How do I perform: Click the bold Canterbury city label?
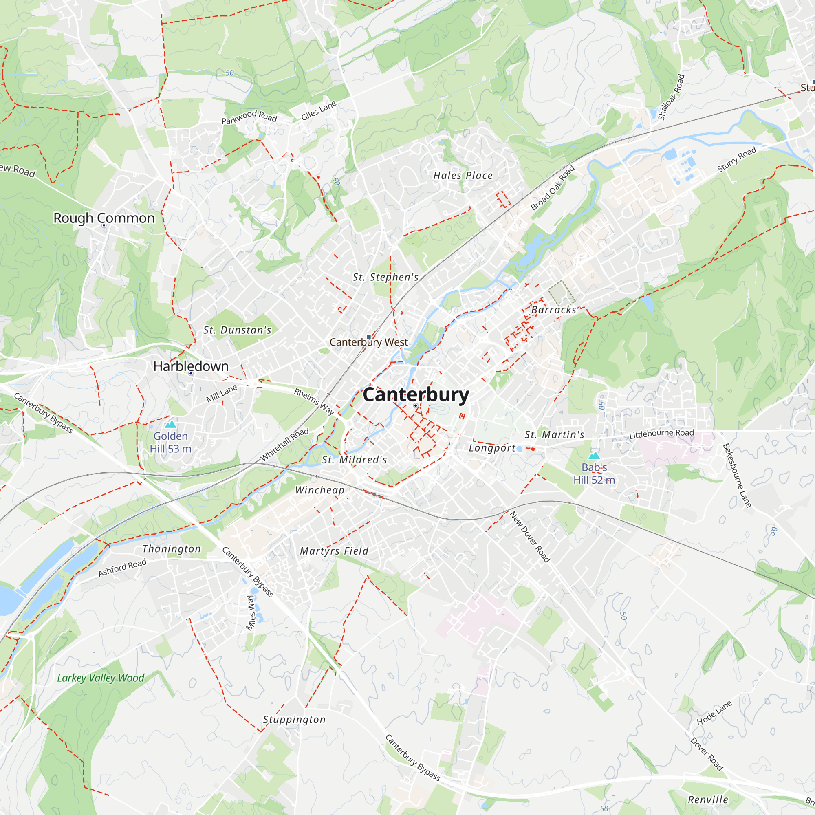pos(416,395)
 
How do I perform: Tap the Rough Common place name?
pos(104,218)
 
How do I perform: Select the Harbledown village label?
pos(191,366)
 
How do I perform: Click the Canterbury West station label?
pos(368,342)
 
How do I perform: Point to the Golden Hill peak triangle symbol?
pos(170,424)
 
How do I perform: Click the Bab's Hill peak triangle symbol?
pos(594,455)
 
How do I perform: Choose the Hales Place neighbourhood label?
pos(463,176)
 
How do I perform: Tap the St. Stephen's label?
pos(385,277)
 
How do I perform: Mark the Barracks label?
pos(553,310)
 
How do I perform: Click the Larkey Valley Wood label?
pos(100,678)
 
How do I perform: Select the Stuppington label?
pos(294,719)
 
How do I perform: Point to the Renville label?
pos(708,800)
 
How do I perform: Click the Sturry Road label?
pos(736,160)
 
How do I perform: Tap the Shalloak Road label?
pos(671,97)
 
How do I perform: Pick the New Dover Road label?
pos(530,537)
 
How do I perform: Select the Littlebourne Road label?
pos(661,434)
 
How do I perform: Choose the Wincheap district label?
pos(319,490)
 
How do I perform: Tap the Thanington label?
pos(171,549)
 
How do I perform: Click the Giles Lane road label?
pos(319,110)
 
